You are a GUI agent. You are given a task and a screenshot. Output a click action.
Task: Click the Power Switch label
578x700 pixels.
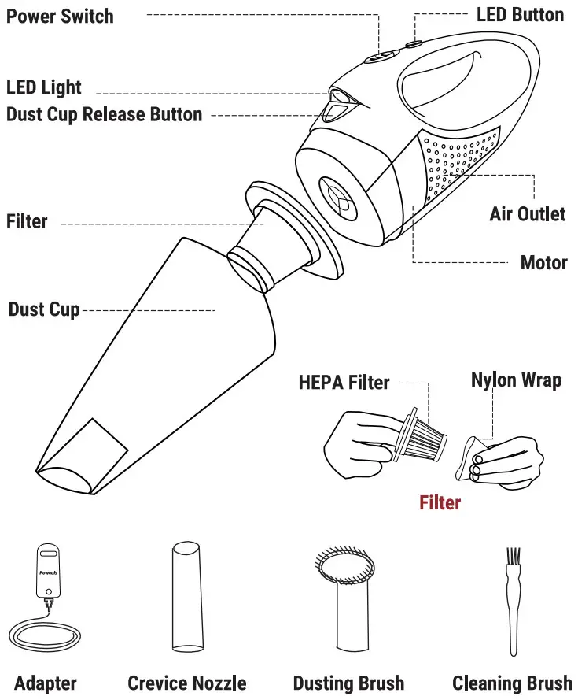(x=60, y=16)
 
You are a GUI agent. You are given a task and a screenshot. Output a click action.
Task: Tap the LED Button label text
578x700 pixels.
(x=520, y=14)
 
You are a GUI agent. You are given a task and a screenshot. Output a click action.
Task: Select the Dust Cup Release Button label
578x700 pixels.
(x=104, y=115)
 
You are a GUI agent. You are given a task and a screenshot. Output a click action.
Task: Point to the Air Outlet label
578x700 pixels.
(x=527, y=213)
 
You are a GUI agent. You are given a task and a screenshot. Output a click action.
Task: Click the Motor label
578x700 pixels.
(x=543, y=262)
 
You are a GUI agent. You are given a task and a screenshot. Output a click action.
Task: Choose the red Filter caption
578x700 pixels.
(x=440, y=502)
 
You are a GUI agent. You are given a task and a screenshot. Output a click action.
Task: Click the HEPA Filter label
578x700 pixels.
(x=344, y=383)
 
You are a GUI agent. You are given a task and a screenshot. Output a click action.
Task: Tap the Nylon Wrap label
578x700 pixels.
(x=516, y=380)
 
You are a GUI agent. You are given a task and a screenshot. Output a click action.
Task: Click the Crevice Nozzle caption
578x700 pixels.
(x=187, y=683)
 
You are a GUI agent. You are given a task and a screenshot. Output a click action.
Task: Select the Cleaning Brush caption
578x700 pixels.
(x=512, y=683)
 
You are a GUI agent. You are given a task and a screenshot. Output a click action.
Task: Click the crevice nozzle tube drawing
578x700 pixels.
(x=186, y=598)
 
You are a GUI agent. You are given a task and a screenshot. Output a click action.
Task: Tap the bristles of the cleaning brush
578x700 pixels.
(x=513, y=561)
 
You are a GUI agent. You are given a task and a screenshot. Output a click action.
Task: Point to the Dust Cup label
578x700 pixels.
(x=44, y=309)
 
